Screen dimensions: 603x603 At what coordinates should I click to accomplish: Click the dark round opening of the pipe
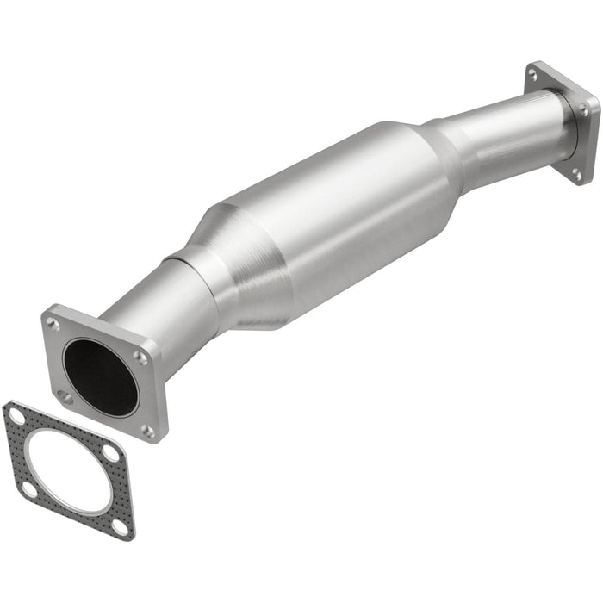pos(101,376)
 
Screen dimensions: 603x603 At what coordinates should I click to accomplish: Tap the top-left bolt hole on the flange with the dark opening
pos(54,325)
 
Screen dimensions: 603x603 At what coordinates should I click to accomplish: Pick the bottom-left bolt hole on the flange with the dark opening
pos(65,396)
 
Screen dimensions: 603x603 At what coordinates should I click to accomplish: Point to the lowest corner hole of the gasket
pos(121,525)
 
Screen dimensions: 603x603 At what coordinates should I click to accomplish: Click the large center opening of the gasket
pos(66,469)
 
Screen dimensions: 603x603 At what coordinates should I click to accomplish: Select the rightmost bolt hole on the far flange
pos(585,110)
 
